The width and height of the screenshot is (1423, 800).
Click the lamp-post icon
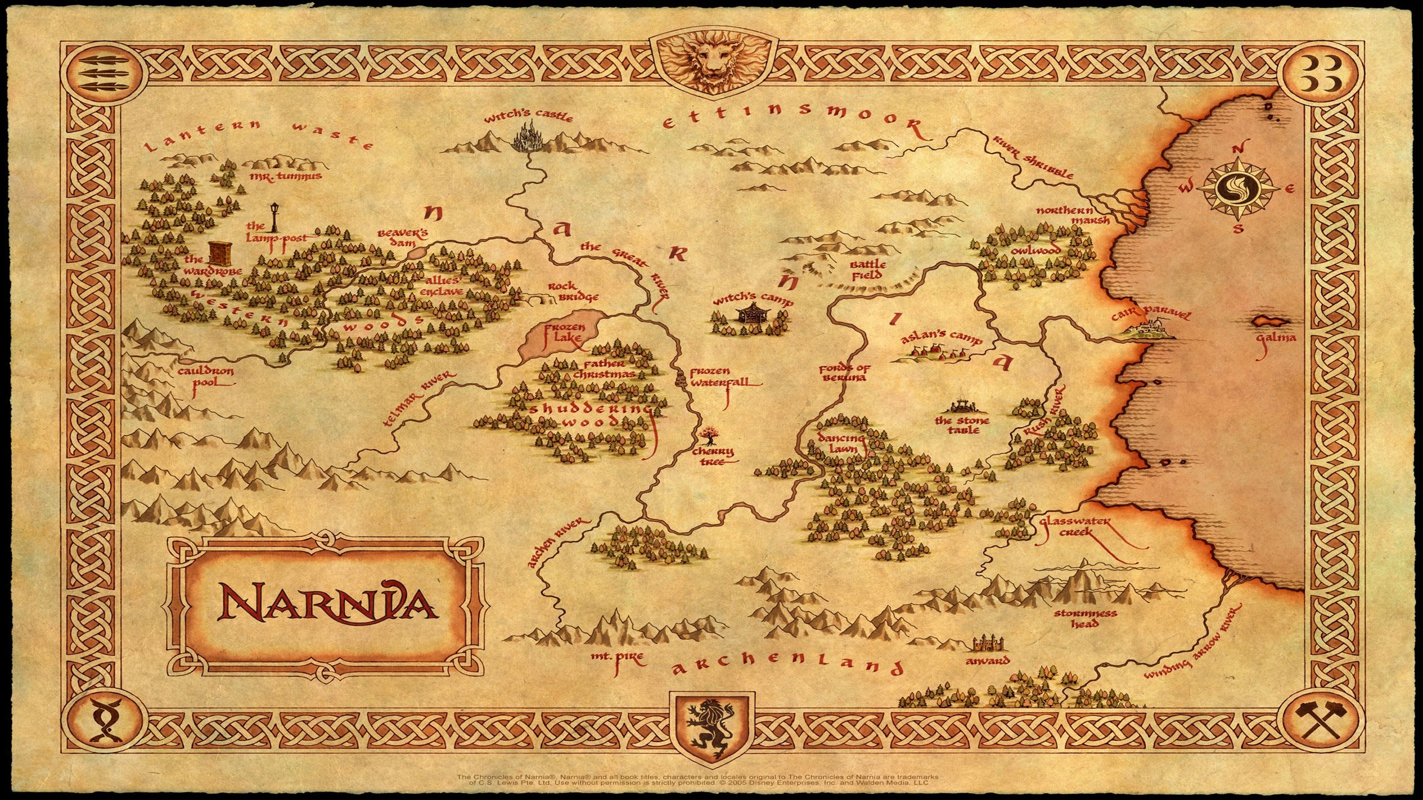click(275, 217)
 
